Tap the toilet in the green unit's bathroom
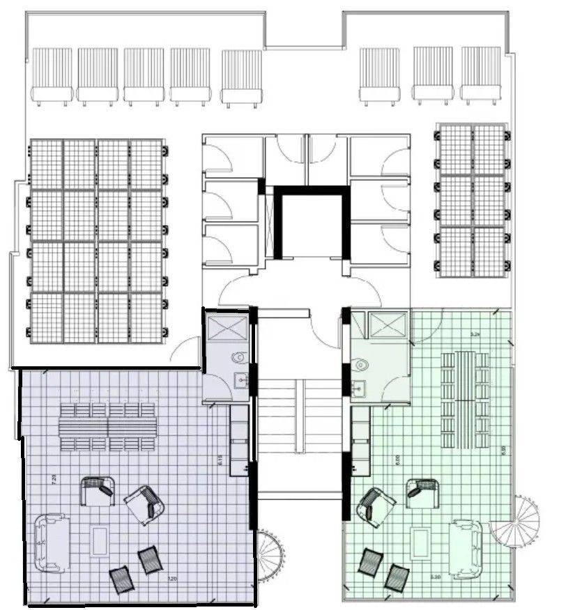coord(360,363)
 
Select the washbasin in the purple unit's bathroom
coord(240,380)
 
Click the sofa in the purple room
coord(49,542)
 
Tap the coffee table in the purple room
coord(99,540)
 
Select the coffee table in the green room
coord(420,543)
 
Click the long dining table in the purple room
coord(107,425)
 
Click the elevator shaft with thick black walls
coord(311,224)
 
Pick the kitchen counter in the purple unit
coord(238,439)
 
